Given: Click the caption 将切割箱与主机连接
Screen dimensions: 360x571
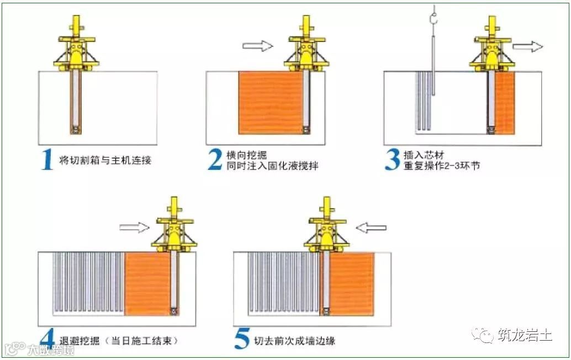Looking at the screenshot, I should [105, 161].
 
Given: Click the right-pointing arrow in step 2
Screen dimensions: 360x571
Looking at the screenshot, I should [258, 46].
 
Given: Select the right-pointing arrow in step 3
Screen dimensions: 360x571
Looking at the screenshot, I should [527, 46].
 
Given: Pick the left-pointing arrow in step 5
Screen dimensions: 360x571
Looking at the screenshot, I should [371, 227].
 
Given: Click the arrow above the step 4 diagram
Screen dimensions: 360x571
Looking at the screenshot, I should [134, 226].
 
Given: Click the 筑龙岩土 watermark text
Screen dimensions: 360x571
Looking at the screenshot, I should [524, 335].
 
